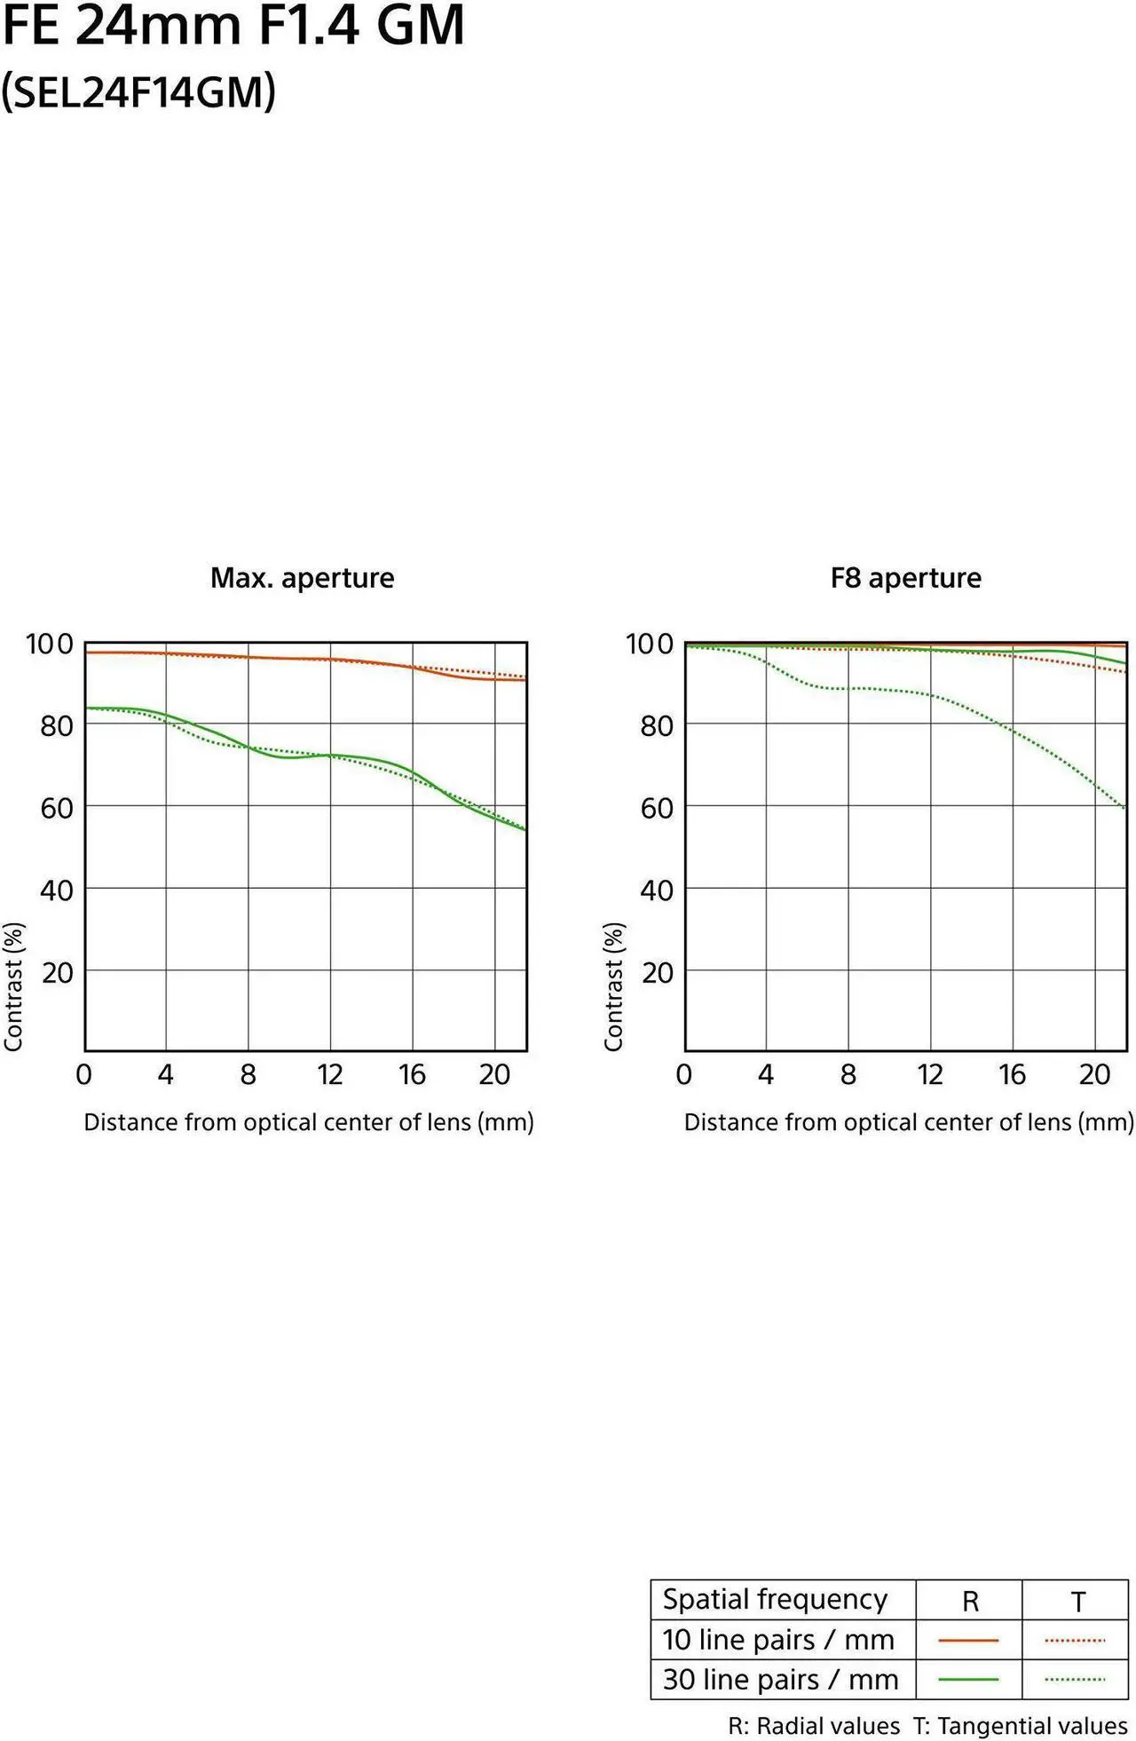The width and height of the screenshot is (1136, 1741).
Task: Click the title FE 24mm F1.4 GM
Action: [233, 26]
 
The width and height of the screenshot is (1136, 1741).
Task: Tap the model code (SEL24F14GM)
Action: [138, 91]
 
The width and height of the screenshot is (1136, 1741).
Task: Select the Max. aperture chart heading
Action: [302, 578]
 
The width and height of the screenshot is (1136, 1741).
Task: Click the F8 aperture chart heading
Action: [905, 578]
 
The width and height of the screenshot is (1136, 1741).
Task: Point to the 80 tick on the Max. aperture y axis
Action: [56, 725]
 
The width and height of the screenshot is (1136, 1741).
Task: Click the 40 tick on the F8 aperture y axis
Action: [657, 890]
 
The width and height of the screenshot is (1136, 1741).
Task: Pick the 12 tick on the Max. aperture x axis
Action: [330, 1075]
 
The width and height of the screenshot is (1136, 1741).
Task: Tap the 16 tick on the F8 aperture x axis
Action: [1012, 1075]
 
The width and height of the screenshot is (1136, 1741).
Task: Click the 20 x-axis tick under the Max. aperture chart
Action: [494, 1075]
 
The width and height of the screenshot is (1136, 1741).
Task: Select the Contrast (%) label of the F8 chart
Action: [613, 986]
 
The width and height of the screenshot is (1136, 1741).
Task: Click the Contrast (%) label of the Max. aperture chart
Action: [13, 986]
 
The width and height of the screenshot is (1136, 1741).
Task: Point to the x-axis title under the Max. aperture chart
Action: [309, 1122]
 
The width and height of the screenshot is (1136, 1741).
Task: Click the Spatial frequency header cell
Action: [775, 1599]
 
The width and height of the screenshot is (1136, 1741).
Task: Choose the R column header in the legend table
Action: [970, 1602]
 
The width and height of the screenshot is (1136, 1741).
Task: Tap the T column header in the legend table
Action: [1077, 1602]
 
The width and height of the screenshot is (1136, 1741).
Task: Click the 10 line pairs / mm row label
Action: [778, 1640]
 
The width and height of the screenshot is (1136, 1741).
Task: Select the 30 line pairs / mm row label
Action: [780, 1680]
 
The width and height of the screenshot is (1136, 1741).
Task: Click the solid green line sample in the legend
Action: [968, 1680]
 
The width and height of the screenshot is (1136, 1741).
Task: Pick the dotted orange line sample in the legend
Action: [1075, 1641]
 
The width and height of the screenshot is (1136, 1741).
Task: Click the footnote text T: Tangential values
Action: [1021, 1726]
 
